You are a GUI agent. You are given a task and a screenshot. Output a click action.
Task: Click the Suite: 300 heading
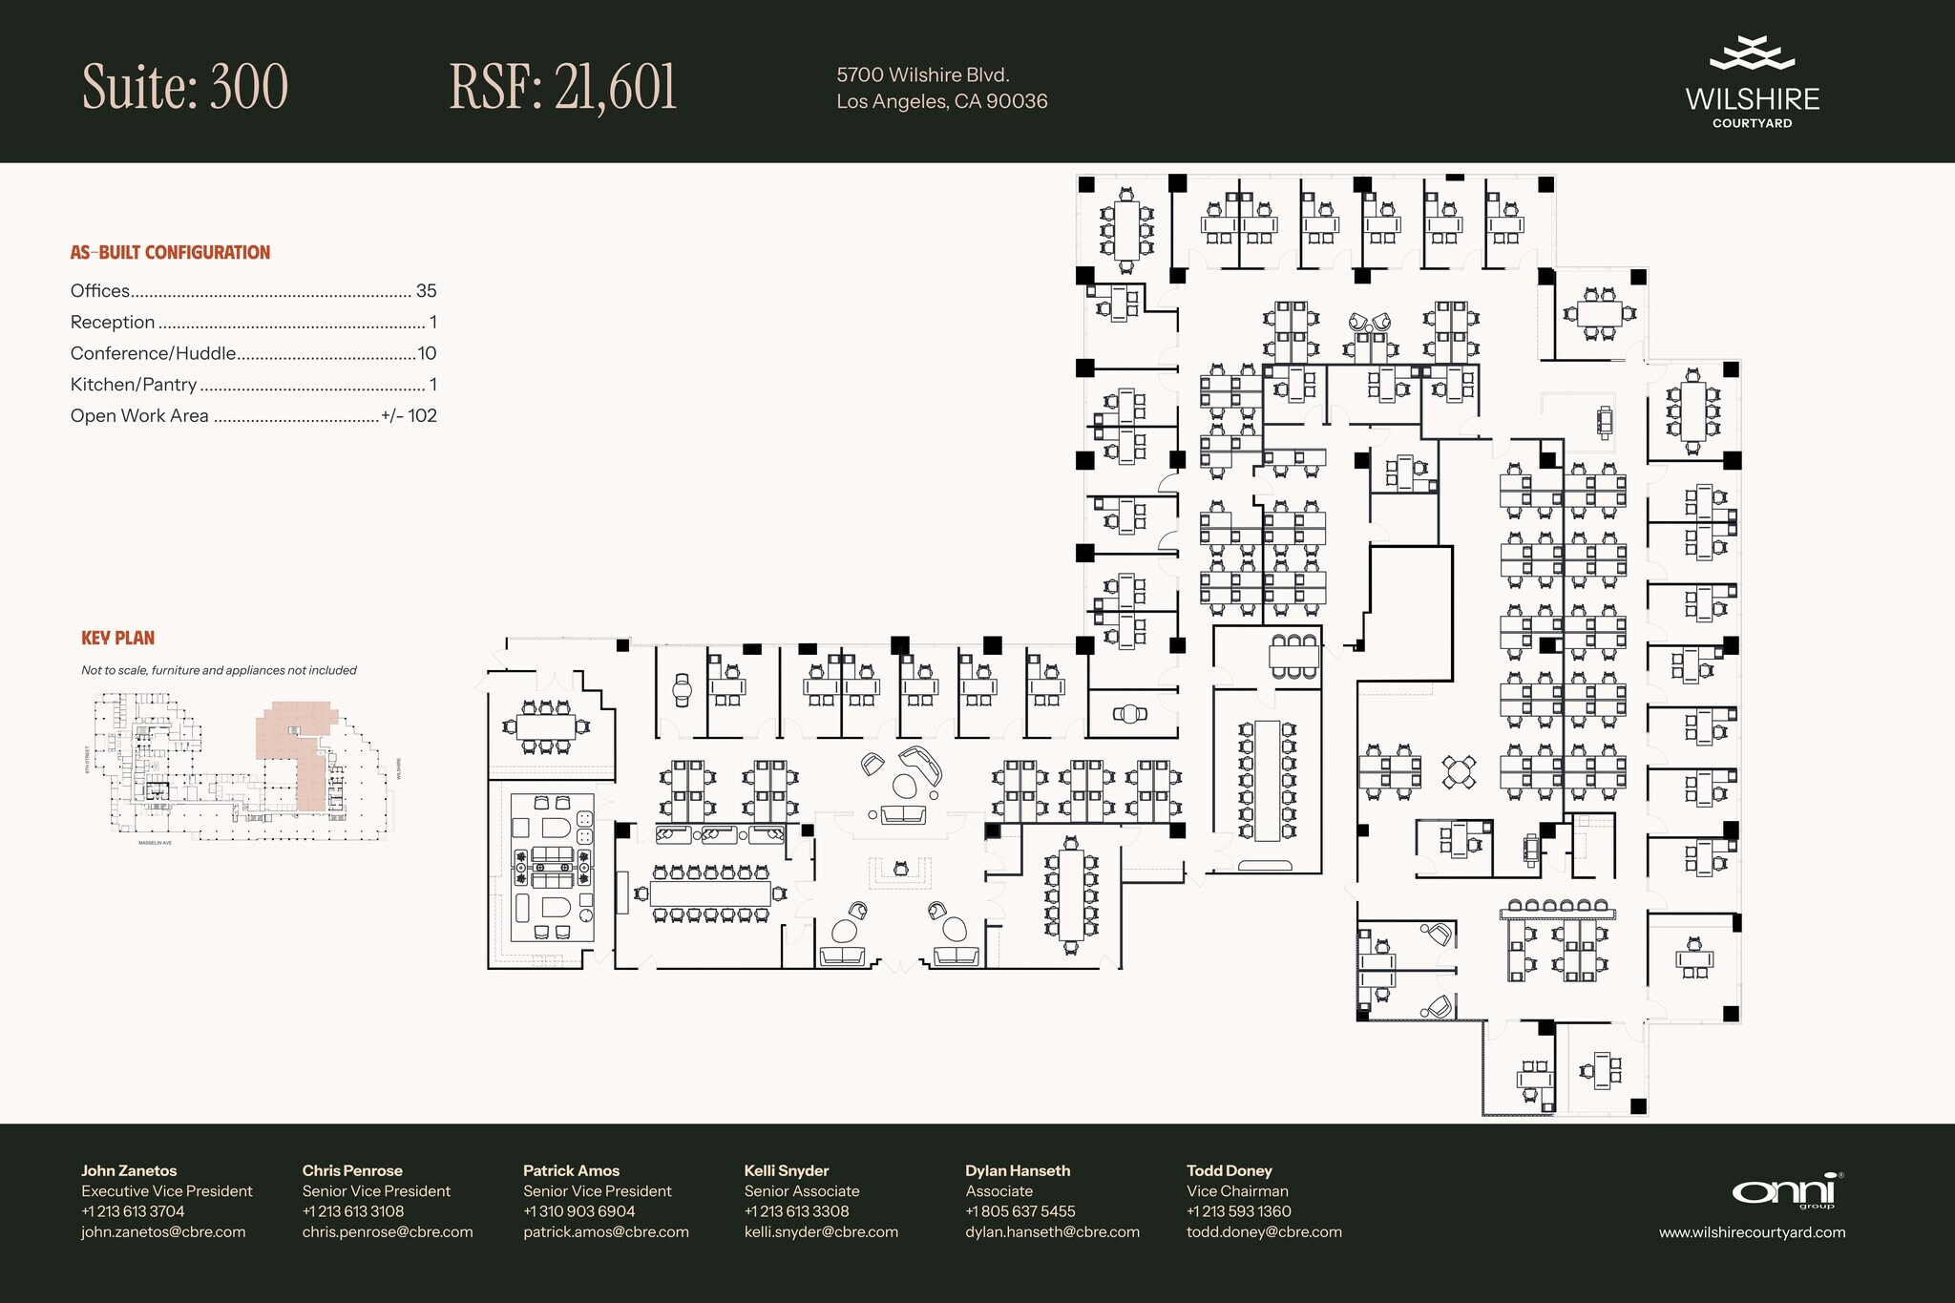click(x=185, y=87)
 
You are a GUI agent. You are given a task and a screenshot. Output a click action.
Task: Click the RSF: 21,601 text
click(x=563, y=87)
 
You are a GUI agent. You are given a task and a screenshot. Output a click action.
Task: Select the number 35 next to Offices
click(x=426, y=291)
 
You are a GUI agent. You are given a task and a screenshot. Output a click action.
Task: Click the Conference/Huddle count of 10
click(x=427, y=353)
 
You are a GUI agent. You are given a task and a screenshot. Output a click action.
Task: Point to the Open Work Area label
click(x=139, y=416)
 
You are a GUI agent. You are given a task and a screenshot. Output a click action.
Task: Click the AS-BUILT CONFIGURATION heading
click(x=170, y=253)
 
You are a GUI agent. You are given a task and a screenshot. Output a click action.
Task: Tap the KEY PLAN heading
click(x=117, y=638)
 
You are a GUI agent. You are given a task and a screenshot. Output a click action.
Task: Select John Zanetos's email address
click(x=163, y=1232)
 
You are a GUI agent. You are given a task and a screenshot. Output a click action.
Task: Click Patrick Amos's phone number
click(x=578, y=1211)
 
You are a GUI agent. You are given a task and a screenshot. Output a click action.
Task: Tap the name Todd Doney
click(x=1229, y=1170)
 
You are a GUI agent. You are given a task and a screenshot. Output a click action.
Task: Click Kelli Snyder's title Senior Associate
click(x=802, y=1191)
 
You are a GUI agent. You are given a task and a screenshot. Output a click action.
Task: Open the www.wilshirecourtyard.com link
click(x=1752, y=1232)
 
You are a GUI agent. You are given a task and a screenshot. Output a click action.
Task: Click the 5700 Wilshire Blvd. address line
click(x=923, y=74)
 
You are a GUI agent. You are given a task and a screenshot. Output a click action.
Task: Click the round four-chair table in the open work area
click(x=1458, y=770)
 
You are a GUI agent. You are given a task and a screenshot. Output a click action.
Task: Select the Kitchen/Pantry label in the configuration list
click(x=134, y=385)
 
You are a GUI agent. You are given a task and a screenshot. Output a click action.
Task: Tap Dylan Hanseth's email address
click(x=1052, y=1232)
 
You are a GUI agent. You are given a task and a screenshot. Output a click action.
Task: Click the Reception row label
click(x=113, y=323)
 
